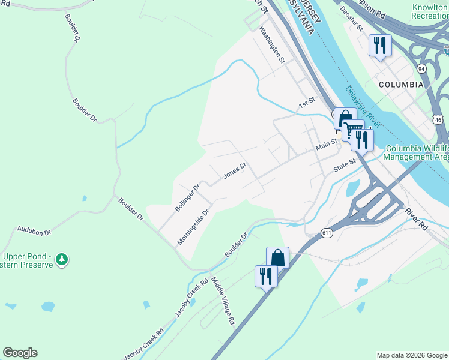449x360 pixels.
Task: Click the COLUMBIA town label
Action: click(401, 85)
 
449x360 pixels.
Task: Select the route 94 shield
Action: click(423, 68)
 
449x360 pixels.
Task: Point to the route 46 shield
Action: click(439, 120)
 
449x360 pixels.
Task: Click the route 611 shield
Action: click(327, 233)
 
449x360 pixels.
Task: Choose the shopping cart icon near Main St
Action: click(352, 129)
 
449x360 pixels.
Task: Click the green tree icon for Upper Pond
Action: click(61, 259)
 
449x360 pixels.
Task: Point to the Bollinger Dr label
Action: click(187, 197)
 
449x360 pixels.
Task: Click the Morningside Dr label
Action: click(193, 227)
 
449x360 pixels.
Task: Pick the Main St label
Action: click(327, 145)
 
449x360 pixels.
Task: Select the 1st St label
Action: click(307, 103)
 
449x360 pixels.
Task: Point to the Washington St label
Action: click(271, 44)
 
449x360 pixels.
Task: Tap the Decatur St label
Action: click(352, 19)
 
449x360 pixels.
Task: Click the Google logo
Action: click(20, 353)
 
